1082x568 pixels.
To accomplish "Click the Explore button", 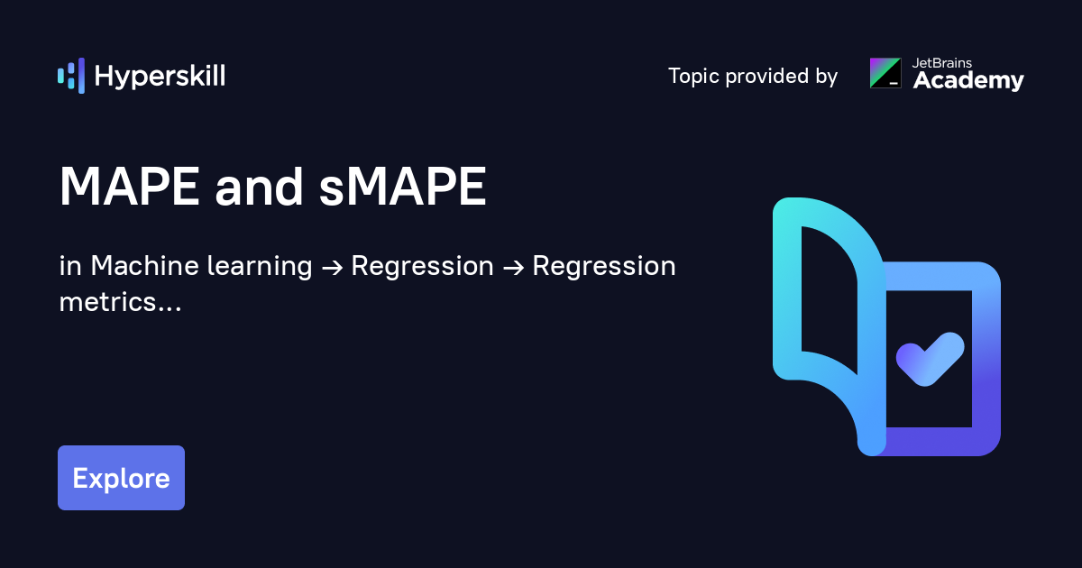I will click(x=121, y=478).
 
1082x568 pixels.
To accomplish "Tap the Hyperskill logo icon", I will click(x=71, y=76).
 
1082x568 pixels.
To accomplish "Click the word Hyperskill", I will click(x=160, y=77).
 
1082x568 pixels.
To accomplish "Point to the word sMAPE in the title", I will click(x=403, y=188).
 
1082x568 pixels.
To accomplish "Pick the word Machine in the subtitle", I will click(x=144, y=267).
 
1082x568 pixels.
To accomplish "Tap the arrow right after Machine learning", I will click(x=331, y=268).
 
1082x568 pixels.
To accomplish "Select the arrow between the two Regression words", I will click(x=512, y=268).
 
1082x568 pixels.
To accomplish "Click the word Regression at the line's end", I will click(x=603, y=267).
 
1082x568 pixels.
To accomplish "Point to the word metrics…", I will click(x=120, y=302).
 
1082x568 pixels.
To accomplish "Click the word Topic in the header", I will click(x=693, y=77).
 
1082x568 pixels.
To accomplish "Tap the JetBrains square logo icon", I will click(x=885, y=73).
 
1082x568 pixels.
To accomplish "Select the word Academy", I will click(x=968, y=81).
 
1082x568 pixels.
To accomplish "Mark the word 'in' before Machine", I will click(x=69, y=267).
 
